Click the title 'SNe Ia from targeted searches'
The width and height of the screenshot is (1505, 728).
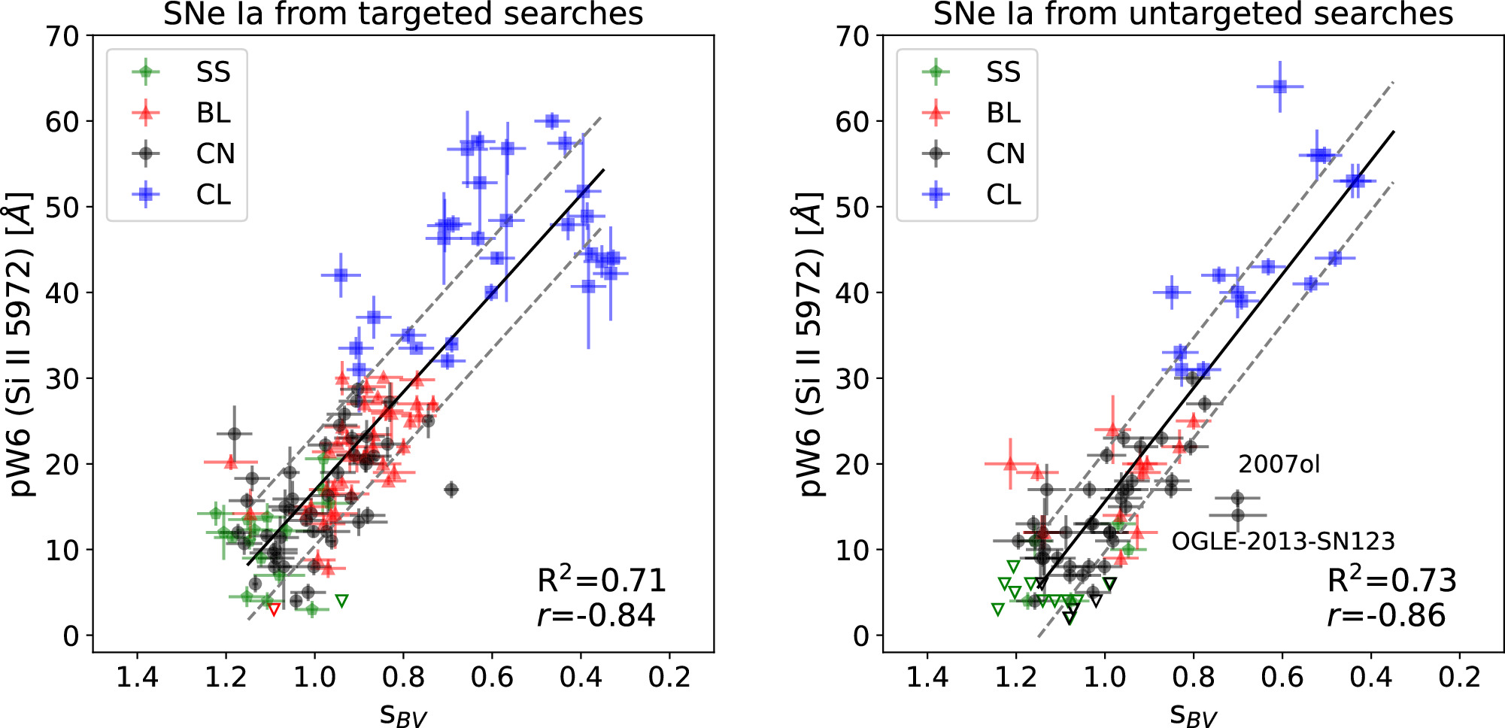(x=403, y=14)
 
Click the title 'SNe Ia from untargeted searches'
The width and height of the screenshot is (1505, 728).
(x=1193, y=14)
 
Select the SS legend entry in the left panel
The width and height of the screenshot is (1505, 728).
(x=213, y=72)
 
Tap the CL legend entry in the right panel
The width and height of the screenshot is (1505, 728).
(x=1003, y=195)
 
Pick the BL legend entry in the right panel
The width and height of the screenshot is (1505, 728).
(x=1003, y=114)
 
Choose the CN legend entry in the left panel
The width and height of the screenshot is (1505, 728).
(x=215, y=154)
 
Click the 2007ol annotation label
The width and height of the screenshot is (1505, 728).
(x=1279, y=464)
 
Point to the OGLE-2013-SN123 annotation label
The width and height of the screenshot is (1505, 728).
(x=1283, y=541)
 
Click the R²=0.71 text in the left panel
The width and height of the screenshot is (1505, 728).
(x=602, y=580)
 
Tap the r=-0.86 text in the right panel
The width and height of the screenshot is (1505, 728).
(x=1386, y=615)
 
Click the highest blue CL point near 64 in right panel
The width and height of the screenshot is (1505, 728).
(x=1280, y=86)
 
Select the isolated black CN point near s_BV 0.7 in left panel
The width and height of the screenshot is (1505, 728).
(x=451, y=490)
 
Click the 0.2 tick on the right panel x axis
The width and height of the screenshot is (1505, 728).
(x=1459, y=677)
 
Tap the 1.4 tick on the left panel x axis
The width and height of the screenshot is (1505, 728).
(x=137, y=677)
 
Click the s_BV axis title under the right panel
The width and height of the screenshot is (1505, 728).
(x=1193, y=713)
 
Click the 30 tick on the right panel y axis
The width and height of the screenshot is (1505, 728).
(x=852, y=378)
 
